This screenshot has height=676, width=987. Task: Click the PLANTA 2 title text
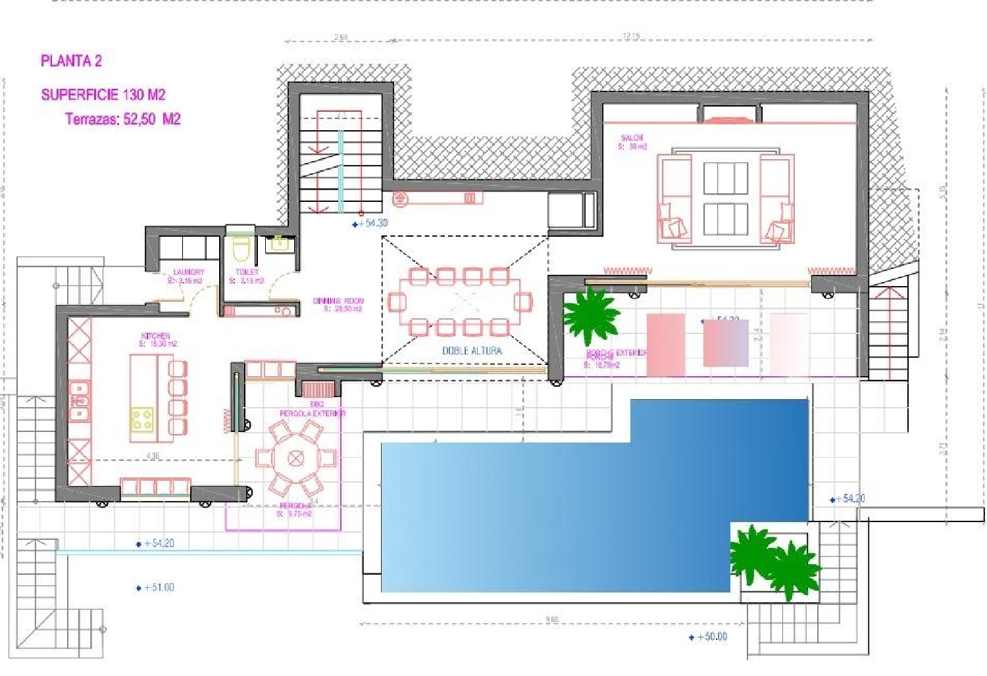coord(71,61)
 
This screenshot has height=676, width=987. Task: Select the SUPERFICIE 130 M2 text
coord(103,95)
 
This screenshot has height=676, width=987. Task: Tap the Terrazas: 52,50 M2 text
coord(123,119)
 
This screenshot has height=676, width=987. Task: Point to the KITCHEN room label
coord(156,336)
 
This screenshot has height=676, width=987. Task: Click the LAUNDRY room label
coord(189,272)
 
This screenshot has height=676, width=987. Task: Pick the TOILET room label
coord(247,272)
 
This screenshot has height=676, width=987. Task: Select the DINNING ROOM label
coord(338,301)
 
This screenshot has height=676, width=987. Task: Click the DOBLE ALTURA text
coord(472,351)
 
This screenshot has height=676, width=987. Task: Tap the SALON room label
coord(632,138)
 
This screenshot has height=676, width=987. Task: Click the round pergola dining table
coord(295,457)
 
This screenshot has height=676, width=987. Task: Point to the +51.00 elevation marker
coord(156,588)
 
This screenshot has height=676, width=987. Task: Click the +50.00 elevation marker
coord(709,637)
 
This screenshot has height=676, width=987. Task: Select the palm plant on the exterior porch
coord(590,316)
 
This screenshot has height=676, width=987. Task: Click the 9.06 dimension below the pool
coord(551,619)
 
